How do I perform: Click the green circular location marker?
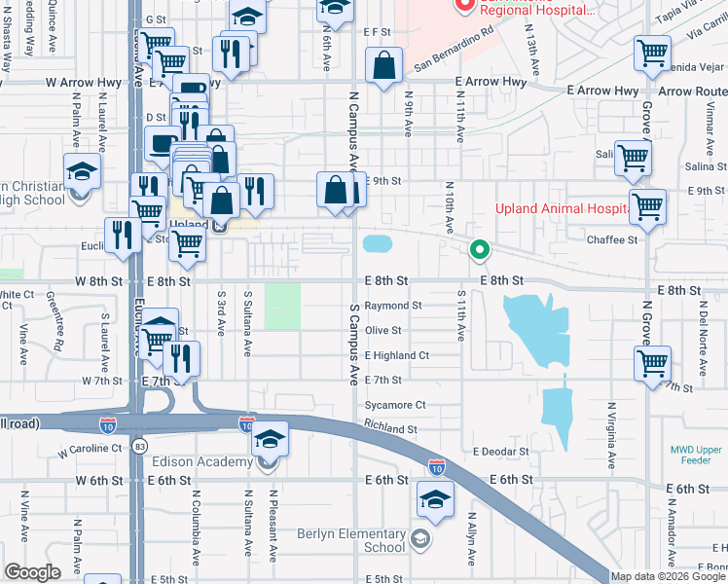[x=479, y=250]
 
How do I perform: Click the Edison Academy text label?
[x=202, y=461]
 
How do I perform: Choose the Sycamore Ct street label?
[x=395, y=405]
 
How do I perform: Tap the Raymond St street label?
[x=393, y=305]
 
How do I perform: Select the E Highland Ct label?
[x=397, y=355]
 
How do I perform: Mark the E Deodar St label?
[x=501, y=452]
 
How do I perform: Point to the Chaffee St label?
[x=611, y=239]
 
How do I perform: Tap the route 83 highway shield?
[x=142, y=446]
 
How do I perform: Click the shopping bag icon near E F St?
[x=385, y=66]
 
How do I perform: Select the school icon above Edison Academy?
[x=270, y=440]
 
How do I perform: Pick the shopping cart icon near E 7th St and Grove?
[x=652, y=365]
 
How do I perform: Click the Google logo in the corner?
[x=32, y=572]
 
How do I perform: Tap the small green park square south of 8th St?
[x=283, y=306]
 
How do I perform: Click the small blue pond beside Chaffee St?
[x=377, y=241]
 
